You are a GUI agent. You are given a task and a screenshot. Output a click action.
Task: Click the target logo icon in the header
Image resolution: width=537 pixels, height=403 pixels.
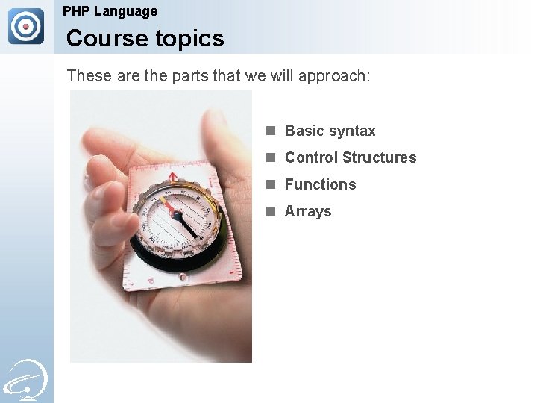coord(26,26)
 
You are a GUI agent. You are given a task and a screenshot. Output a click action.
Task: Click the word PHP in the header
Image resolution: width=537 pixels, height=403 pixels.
coord(76,11)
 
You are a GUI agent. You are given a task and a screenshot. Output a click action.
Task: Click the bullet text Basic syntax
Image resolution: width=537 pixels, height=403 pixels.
coord(330,131)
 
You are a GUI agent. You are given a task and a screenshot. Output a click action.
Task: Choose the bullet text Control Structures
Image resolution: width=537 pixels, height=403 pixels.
coord(351,157)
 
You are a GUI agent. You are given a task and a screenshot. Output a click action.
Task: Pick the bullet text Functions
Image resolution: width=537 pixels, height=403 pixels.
coord(320,184)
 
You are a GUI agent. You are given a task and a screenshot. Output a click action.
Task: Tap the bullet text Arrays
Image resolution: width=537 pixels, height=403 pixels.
coord(308,211)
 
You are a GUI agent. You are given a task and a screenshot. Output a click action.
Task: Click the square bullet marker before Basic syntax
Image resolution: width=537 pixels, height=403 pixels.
coord(271,131)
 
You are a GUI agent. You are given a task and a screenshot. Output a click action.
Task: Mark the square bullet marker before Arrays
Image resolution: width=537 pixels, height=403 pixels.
coord(271,211)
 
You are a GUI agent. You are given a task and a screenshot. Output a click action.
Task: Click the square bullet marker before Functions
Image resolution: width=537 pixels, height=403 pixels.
coord(271,184)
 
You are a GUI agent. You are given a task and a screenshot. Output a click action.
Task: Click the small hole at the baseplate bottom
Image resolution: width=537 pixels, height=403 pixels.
coord(183,277)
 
